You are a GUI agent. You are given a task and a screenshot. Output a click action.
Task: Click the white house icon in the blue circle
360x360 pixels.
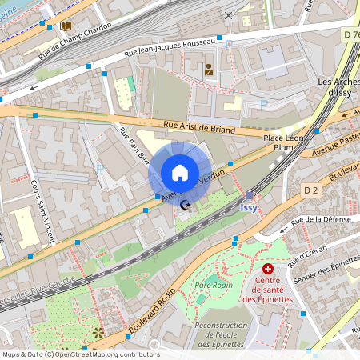click(180, 173)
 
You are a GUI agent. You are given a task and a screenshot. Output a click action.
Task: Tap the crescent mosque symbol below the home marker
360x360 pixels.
click(186, 206)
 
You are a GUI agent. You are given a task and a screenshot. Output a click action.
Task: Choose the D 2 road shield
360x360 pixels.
click(312, 190)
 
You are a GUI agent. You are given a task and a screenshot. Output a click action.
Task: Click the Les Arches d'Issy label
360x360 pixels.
click(337, 86)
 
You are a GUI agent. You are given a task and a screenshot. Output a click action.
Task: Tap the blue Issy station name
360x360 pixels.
click(249, 207)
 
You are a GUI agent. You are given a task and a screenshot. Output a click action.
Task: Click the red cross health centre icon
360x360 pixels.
click(267, 270)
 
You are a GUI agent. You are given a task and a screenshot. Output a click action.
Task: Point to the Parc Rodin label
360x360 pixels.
click(212, 284)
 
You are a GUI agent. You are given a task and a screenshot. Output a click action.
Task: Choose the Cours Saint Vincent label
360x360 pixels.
click(42, 210)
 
